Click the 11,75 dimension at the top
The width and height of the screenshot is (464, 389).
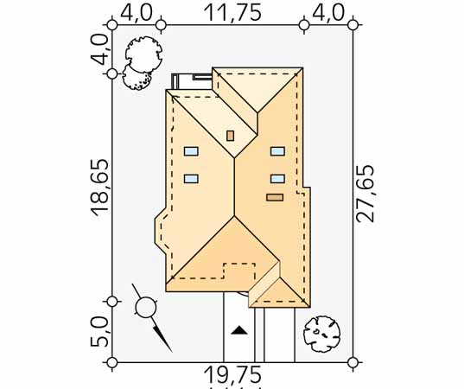232,13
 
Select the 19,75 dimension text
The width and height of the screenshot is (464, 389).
232,374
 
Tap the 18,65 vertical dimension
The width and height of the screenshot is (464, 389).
99,188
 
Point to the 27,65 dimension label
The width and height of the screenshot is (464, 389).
365,194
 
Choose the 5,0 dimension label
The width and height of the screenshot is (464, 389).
99,331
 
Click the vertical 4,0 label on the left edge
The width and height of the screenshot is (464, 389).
99,49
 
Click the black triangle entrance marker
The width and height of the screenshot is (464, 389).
238,330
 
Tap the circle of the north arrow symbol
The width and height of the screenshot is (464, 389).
145,308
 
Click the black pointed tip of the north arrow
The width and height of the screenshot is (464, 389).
171,351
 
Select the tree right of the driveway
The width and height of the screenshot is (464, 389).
321,334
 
